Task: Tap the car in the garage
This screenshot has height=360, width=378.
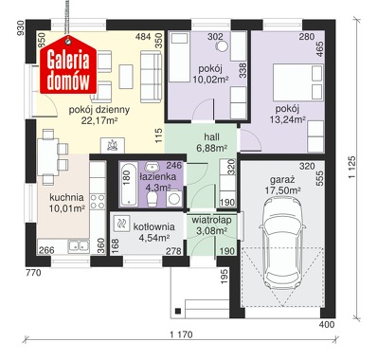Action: (x=282, y=243)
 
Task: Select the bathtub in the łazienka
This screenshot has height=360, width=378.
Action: (x=129, y=185)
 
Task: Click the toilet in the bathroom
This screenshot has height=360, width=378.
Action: (x=153, y=199)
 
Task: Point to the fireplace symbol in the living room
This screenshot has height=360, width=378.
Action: (x=113, y=146)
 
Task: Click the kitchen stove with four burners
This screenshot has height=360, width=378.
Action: (x=98, y=202)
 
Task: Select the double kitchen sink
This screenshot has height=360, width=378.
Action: (x=79, y=246)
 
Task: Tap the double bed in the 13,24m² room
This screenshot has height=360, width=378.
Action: (x=298, y=82)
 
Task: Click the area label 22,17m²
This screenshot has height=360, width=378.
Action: (x=99, y=120)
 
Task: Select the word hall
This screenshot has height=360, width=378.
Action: (x=211, y=137)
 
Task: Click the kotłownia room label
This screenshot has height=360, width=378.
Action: (x=153, y=226)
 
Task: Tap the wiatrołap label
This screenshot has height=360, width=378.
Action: (x=211, y=220)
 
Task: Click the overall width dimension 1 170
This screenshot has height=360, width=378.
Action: (x=181, y=334)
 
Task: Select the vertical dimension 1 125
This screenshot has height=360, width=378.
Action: (x=352, y=167)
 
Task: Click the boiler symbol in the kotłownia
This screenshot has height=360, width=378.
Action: (x=121, y=224)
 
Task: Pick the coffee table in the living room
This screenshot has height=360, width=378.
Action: (x=126, y=77)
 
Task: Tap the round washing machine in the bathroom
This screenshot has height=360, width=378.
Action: (x=174, y=198)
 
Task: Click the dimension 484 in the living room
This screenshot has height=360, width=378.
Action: (x=143, y=37)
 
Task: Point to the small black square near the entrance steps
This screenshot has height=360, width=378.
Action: (x=178, y=311)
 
